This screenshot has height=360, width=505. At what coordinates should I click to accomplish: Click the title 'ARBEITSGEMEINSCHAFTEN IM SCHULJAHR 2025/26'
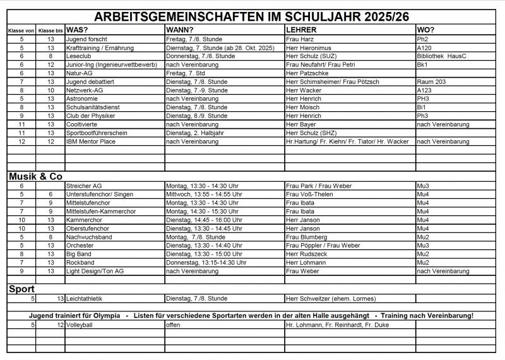pyautogui.click(x=252, y=16)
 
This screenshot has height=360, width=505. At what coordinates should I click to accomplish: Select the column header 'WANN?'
pyautogui.click(x=180, y=30)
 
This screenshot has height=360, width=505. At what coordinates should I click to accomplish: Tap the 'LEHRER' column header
pyautogui.click(x=301, y=30)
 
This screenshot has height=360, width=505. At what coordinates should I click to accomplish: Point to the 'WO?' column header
pyautogui.click(x=426, y=30)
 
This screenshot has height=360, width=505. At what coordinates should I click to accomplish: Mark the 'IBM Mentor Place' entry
pyautogui.click(x=91, y=141)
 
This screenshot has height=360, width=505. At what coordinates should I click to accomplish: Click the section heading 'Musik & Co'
pyautogui.click(x=35, y=176)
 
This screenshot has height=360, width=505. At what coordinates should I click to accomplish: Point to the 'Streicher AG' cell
pyautogui.click(x=84, y=186)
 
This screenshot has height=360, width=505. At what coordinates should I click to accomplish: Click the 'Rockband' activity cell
pyautogui.click(x=80, y=263)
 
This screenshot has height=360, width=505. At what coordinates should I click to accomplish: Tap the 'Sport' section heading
pyautogui.click(x=21, y=289)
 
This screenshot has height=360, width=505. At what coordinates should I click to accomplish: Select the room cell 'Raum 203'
pyautogui.click(x=432, y=81)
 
